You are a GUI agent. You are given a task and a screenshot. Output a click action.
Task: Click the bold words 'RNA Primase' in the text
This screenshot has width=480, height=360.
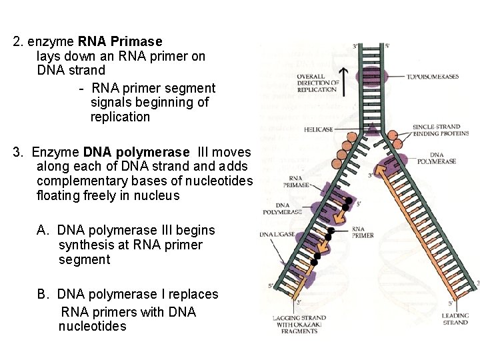124,41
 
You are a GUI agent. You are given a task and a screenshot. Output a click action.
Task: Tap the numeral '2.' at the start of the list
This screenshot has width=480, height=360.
19,41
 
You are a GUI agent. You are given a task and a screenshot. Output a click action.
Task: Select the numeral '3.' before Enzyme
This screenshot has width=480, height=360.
19,152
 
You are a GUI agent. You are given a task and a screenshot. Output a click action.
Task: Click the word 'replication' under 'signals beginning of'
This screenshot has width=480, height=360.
121,117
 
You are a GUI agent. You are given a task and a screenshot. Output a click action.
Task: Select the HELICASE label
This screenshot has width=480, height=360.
318,129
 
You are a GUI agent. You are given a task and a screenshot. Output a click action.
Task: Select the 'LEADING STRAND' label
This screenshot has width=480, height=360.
455,319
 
